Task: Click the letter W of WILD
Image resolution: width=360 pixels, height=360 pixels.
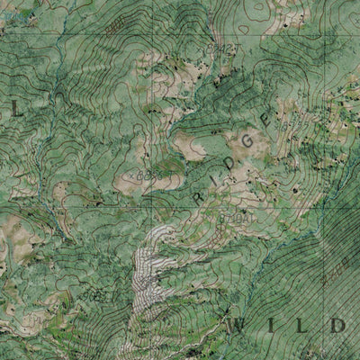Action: [241, 325]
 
